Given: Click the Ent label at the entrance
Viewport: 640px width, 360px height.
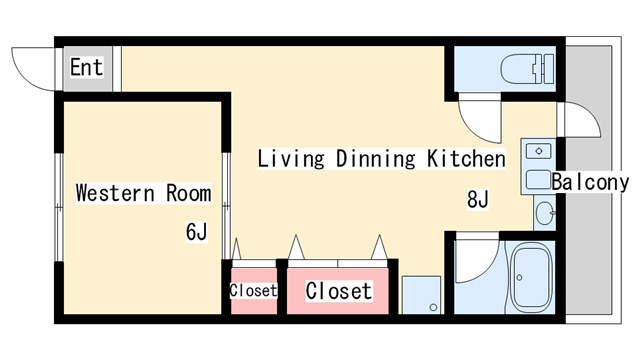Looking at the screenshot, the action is tap(86, 67).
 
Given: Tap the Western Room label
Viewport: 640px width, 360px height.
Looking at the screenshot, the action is tap(144, 193).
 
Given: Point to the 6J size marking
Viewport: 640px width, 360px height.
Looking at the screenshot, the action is tap(196, 232).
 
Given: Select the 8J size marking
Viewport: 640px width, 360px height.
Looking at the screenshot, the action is tap(478, 200).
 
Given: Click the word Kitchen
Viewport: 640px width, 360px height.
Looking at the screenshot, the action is tap(466, 158).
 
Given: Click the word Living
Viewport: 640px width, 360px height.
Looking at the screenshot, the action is tap(291, 158).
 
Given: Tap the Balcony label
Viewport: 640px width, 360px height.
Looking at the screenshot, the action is tap(590, 182).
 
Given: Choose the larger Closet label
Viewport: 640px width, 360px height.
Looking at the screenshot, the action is tap(339, 291).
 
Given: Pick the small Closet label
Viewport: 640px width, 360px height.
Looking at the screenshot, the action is tap(253, 291).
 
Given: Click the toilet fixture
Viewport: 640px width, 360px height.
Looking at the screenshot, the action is tap(527, 69).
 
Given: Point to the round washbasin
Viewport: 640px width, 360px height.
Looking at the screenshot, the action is tap(544, 213).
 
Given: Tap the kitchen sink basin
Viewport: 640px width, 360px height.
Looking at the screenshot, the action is tap(538, 180).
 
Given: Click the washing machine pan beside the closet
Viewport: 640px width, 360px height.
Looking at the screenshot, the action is tap(421, 295).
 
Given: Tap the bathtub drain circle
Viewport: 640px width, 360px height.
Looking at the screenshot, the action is tap(519, 278).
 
